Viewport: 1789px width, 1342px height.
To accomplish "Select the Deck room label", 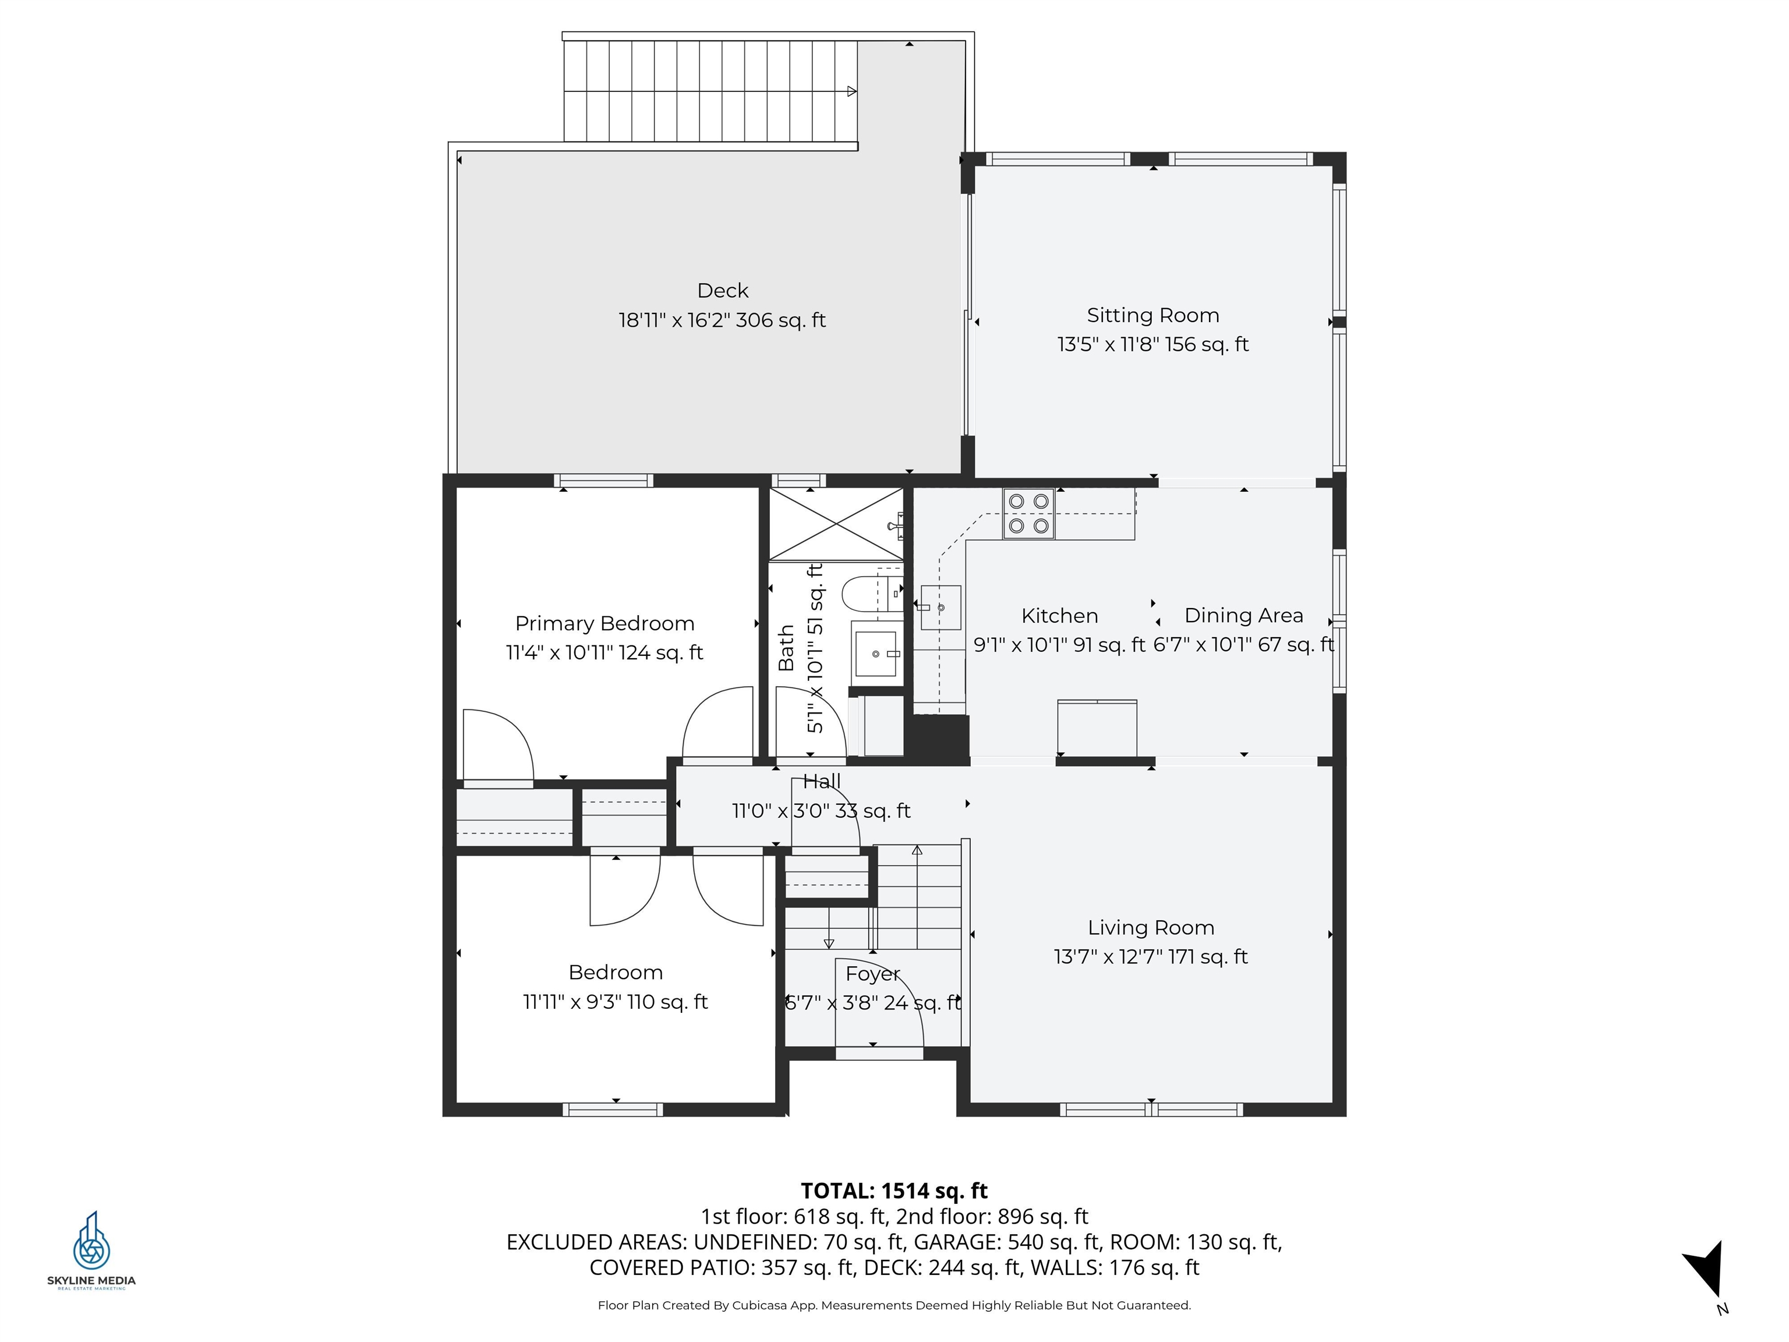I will tap(722, 291).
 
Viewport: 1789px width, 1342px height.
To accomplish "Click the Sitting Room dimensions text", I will tap(1152, 345).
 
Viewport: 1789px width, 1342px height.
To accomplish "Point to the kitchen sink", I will tap(941, 608).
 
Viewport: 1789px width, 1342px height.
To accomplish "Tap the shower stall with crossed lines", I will tap(836, 524).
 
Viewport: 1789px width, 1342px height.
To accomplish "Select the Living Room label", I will tap(1150, 928).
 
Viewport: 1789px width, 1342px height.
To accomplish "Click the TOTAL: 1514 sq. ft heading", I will tap(894, 1191).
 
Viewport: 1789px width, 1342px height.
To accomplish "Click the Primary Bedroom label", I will tap(604, 624).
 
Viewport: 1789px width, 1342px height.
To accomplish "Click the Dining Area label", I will tap(1243, 616).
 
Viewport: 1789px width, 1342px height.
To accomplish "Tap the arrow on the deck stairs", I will tap(851, 91).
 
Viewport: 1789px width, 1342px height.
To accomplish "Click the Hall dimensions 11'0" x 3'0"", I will tap(821, 811).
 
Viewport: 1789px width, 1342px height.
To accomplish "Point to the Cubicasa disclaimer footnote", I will tap(894, 1305).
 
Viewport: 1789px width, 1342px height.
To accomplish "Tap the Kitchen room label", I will tap(1059, 616).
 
